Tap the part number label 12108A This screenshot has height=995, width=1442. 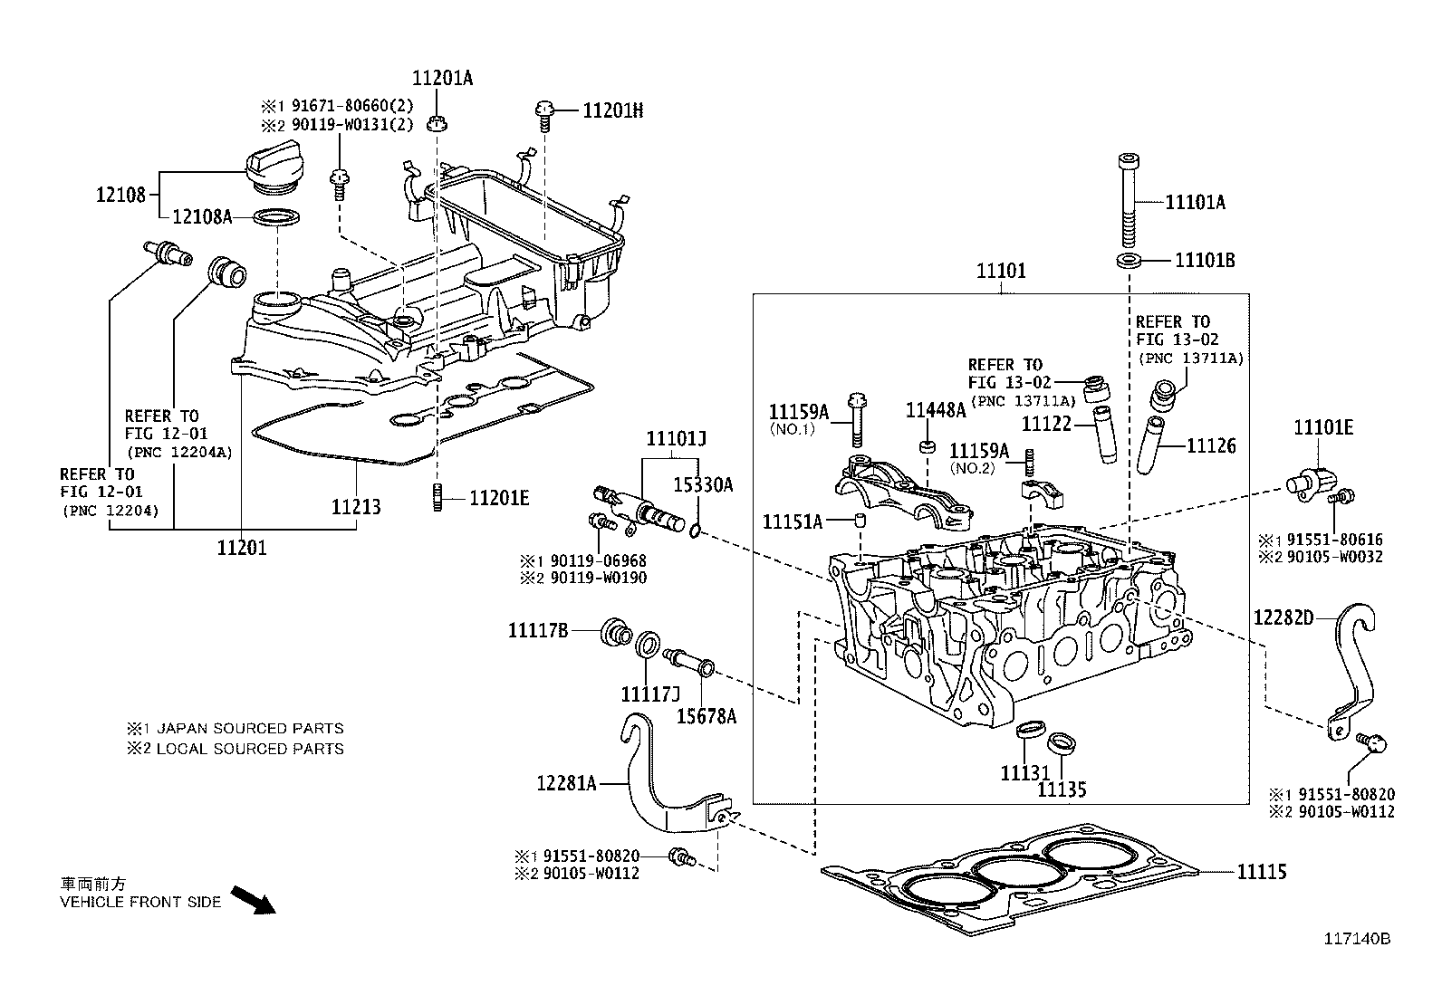pos(202,216)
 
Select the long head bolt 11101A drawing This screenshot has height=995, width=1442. pos(1129,200)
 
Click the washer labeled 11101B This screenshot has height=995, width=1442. pos(1129,262)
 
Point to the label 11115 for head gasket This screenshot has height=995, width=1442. pos(1262,872)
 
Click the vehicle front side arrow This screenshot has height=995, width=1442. pos(253,900)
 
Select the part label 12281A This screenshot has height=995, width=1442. pos(566,783)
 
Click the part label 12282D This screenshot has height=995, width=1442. pos(1283,617)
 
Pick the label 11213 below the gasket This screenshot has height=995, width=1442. pos(356,507)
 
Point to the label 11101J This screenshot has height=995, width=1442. pos(676,439)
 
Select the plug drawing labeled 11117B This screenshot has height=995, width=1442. pos(616,631)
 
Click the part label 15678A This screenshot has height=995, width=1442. pos(707,716)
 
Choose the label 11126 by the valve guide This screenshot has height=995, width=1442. pos(1210,446)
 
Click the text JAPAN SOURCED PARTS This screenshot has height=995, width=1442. pos(251,728)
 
